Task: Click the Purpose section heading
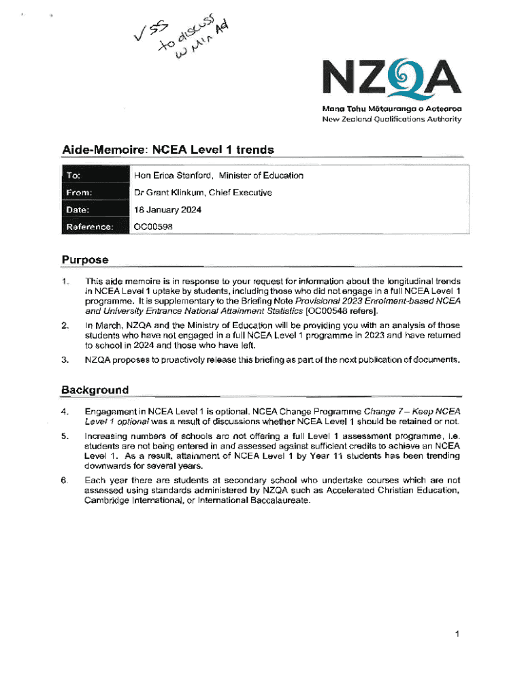point(85,259)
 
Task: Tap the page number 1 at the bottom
point(459,634)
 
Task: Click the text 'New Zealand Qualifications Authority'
point(392,119)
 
